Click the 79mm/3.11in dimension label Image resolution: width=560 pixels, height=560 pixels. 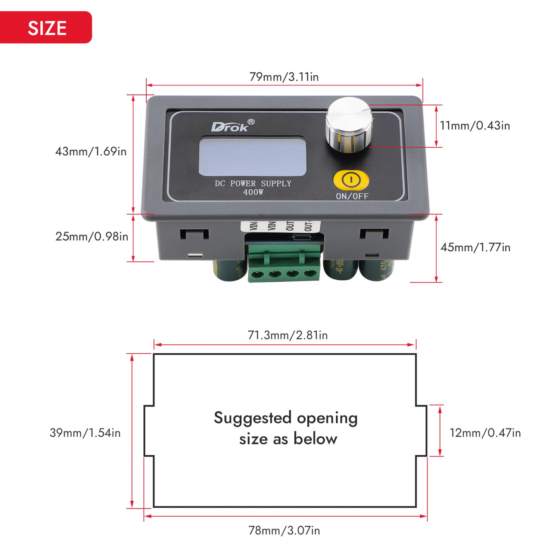284,77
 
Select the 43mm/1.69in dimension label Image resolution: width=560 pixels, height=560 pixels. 91,152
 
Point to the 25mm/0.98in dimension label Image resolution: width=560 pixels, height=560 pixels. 91,236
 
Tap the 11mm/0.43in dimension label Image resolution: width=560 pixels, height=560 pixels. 475,125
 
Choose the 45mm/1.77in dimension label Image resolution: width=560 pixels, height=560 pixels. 475,247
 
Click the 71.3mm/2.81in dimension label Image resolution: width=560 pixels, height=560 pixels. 287,335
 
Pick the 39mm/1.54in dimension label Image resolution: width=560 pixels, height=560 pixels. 85,433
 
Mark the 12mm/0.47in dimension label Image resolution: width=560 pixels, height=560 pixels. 485,433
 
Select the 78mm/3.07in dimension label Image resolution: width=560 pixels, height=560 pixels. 284,531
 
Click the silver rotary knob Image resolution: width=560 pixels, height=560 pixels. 349,125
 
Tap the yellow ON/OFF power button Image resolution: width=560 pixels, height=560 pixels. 351,180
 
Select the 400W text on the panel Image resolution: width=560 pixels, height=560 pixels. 253,192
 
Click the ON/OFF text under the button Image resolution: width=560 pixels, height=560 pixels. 352,196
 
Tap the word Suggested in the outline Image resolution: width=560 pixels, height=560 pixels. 252,418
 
